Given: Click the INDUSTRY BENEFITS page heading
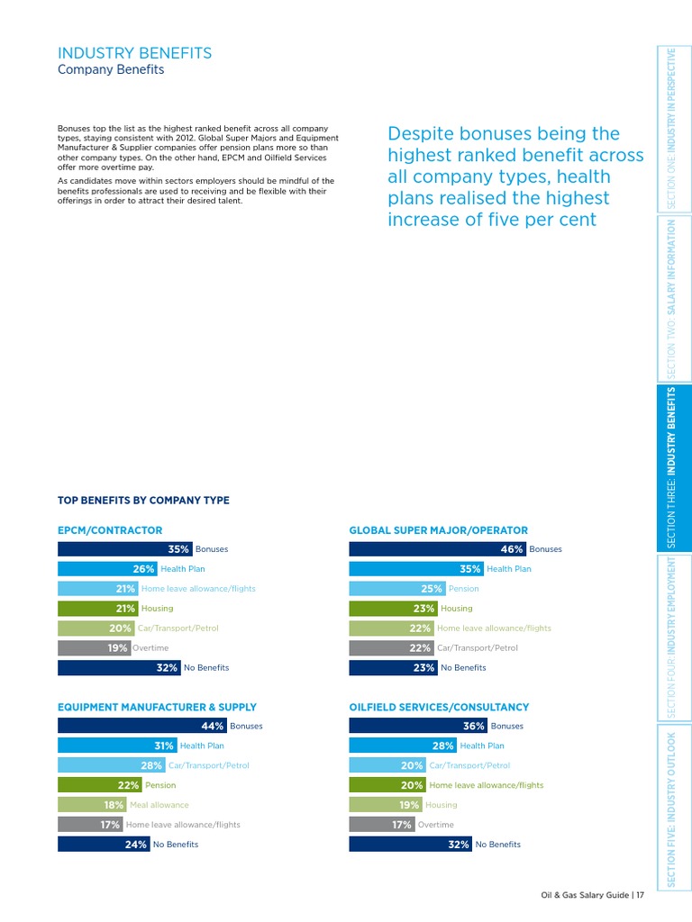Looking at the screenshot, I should pos(134,53).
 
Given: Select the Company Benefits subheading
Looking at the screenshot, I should pos(111,70).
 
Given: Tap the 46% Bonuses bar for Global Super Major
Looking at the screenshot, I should pos(437,549).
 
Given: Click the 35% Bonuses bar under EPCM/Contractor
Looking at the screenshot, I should pos(124,549).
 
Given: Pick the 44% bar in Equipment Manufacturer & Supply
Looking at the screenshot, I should pos(141,726).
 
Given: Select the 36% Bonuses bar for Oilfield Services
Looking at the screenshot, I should pos(418,726).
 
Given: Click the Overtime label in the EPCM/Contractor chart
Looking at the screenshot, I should pos(150,647).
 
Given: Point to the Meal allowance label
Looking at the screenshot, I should pos(159,805).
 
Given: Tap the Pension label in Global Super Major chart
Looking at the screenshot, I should pos(464,589).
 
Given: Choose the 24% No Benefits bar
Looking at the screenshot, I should pos(103,845).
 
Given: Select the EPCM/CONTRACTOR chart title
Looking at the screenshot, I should pos(110,531).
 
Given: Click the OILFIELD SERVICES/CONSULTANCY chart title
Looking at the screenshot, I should pos(439,708).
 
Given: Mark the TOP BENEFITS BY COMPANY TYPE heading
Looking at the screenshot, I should pos(143,501).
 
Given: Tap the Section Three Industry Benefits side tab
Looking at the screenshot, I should pos(669,467).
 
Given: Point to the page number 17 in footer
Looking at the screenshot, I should pos(639,895).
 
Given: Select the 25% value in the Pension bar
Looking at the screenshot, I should pos(432,589).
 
